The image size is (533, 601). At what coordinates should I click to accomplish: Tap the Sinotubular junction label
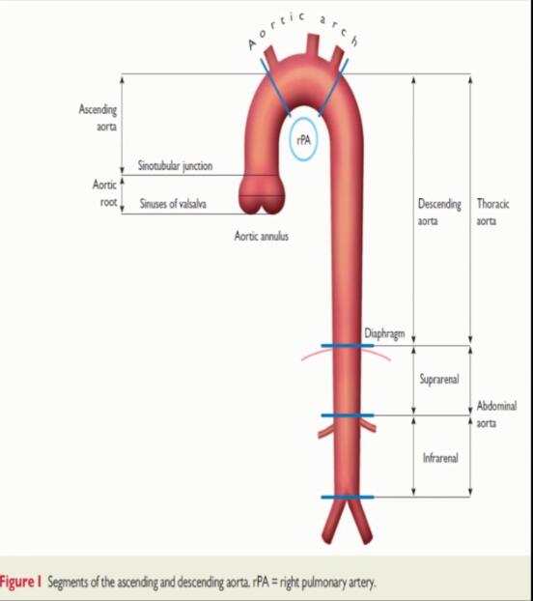[x=175, y=166]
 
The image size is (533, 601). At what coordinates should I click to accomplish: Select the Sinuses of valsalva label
[x=173, y=203]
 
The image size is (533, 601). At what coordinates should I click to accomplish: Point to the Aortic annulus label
[x=261, y=236]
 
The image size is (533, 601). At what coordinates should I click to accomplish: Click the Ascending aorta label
[x=98, y=118]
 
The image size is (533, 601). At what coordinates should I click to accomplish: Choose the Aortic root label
[x=104, y=193]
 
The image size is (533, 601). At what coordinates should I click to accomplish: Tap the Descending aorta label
[x=439, y=212]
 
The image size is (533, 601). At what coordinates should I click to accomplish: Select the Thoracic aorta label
[x=492, y=212]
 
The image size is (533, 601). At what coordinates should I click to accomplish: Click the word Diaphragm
[x=384, y=333]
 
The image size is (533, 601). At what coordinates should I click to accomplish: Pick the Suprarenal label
[x=439, y=379]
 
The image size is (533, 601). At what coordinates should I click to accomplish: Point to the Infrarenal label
[x=440, y=458]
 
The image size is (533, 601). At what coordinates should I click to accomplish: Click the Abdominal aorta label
[x=496, y=415]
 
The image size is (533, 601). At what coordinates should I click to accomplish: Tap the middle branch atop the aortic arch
[x=313, y=44]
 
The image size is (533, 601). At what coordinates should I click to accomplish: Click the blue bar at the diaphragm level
[x=348, y=346]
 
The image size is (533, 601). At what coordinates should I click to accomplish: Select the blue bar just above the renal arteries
[x=348, y=415]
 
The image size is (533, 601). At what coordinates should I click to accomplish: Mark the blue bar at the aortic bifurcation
[x=348, y=497]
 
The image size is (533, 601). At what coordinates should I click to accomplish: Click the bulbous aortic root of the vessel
[x=262, y=194]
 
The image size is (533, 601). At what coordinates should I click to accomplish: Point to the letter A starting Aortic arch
[x=252, y=44]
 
